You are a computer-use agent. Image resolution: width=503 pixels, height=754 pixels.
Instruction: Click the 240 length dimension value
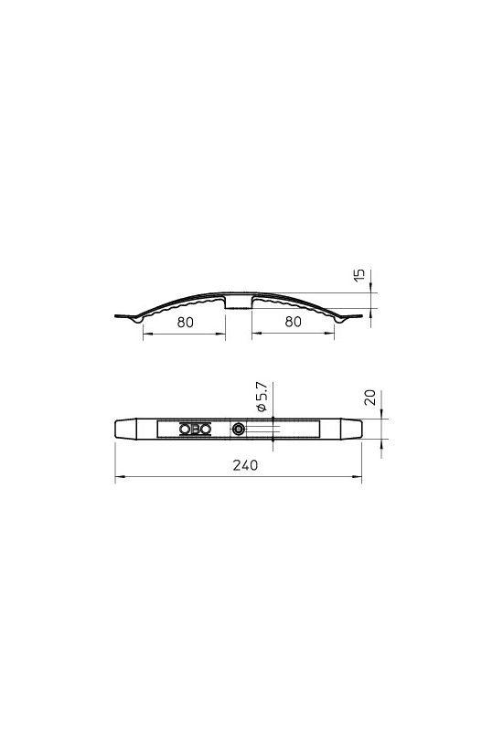[245, 465]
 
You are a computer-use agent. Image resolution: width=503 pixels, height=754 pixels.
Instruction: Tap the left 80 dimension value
[186, 323]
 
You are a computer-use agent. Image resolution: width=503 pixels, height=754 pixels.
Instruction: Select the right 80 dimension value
[294, 322]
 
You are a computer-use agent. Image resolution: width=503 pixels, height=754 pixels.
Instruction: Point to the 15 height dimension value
[359, 275]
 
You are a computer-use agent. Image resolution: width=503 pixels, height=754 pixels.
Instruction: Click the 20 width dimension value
[370, 398]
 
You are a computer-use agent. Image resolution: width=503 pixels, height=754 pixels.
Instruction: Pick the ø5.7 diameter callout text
[261, 398]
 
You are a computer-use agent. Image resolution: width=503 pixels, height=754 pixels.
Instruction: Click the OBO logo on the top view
[195, 429]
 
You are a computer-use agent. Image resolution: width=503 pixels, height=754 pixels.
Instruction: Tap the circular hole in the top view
[238, 429]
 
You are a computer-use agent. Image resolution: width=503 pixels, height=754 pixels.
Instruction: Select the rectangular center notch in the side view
[239, 303]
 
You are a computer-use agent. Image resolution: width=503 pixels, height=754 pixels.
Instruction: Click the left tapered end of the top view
[125, 429]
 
